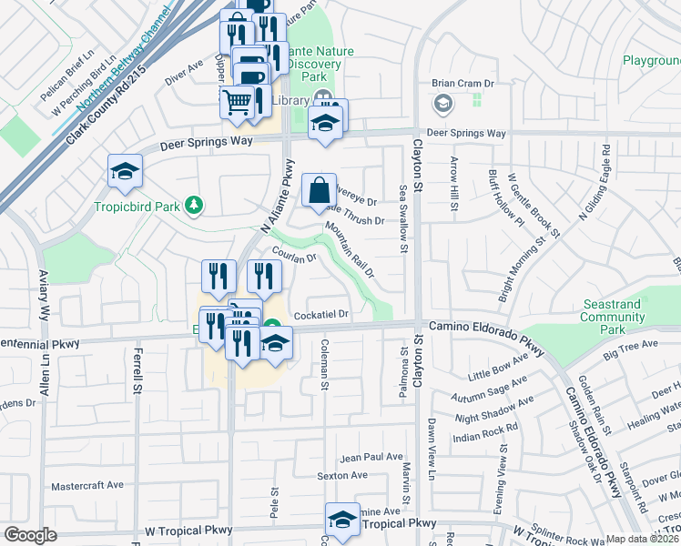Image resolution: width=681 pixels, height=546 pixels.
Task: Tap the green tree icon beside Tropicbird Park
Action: coord(192,206)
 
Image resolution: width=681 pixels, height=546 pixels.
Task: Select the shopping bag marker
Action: coord(319,191)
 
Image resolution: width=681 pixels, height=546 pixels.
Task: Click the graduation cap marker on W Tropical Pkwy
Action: coord(342,521)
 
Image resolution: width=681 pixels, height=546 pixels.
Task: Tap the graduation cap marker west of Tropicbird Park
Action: coord(125,171)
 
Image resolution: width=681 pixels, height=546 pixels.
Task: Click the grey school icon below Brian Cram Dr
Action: coord(442,103)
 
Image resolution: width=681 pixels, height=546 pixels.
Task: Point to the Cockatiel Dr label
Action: coord(322,315)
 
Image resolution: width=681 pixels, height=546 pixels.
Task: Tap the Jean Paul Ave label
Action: coord(371,457)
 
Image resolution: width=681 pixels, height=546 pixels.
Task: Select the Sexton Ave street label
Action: coord(341,475)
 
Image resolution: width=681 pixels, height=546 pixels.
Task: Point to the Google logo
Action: coord(31,534)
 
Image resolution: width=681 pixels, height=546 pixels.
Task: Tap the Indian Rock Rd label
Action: coord(485,426)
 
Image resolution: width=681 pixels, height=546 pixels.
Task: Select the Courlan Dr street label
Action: coord(292,257)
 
